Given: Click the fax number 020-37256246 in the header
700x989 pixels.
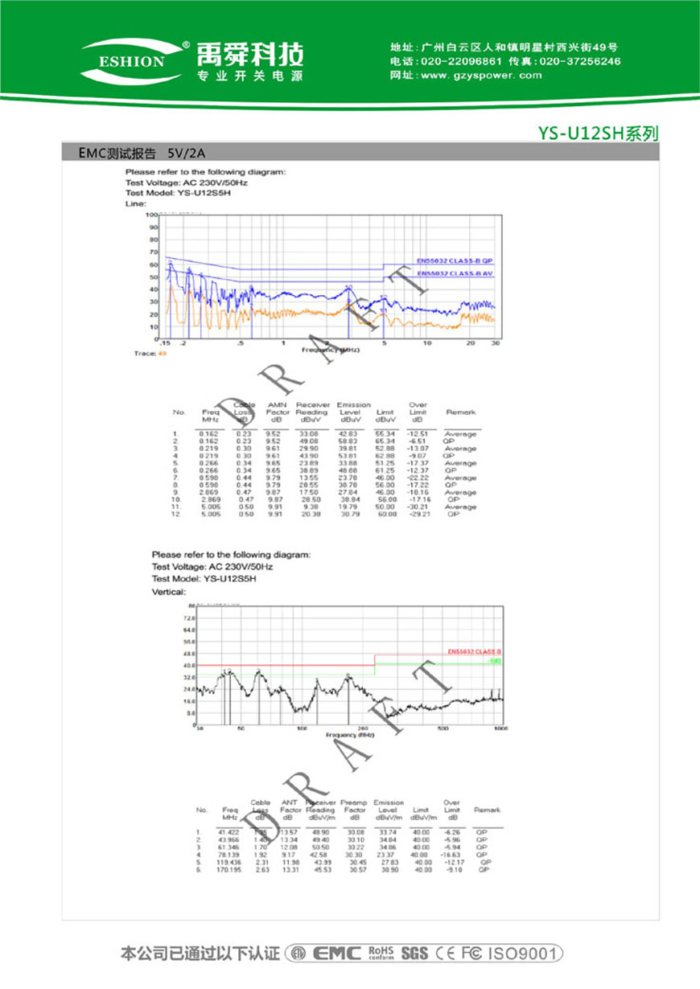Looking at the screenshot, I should click(579, 61).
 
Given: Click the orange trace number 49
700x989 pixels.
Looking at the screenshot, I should click(163, 353).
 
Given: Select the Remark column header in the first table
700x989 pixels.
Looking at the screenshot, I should click(461, 412).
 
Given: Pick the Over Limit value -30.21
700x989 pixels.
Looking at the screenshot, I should click(417, 507).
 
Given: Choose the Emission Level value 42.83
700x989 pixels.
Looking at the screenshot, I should click(348, 434).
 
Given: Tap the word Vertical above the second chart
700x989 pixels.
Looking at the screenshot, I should click(168, 591).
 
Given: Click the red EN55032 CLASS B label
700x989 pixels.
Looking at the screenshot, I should click(475, 650).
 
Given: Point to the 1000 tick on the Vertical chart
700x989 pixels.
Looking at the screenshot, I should click(500, 728).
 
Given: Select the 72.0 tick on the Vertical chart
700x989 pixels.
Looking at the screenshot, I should click(191, 618).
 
